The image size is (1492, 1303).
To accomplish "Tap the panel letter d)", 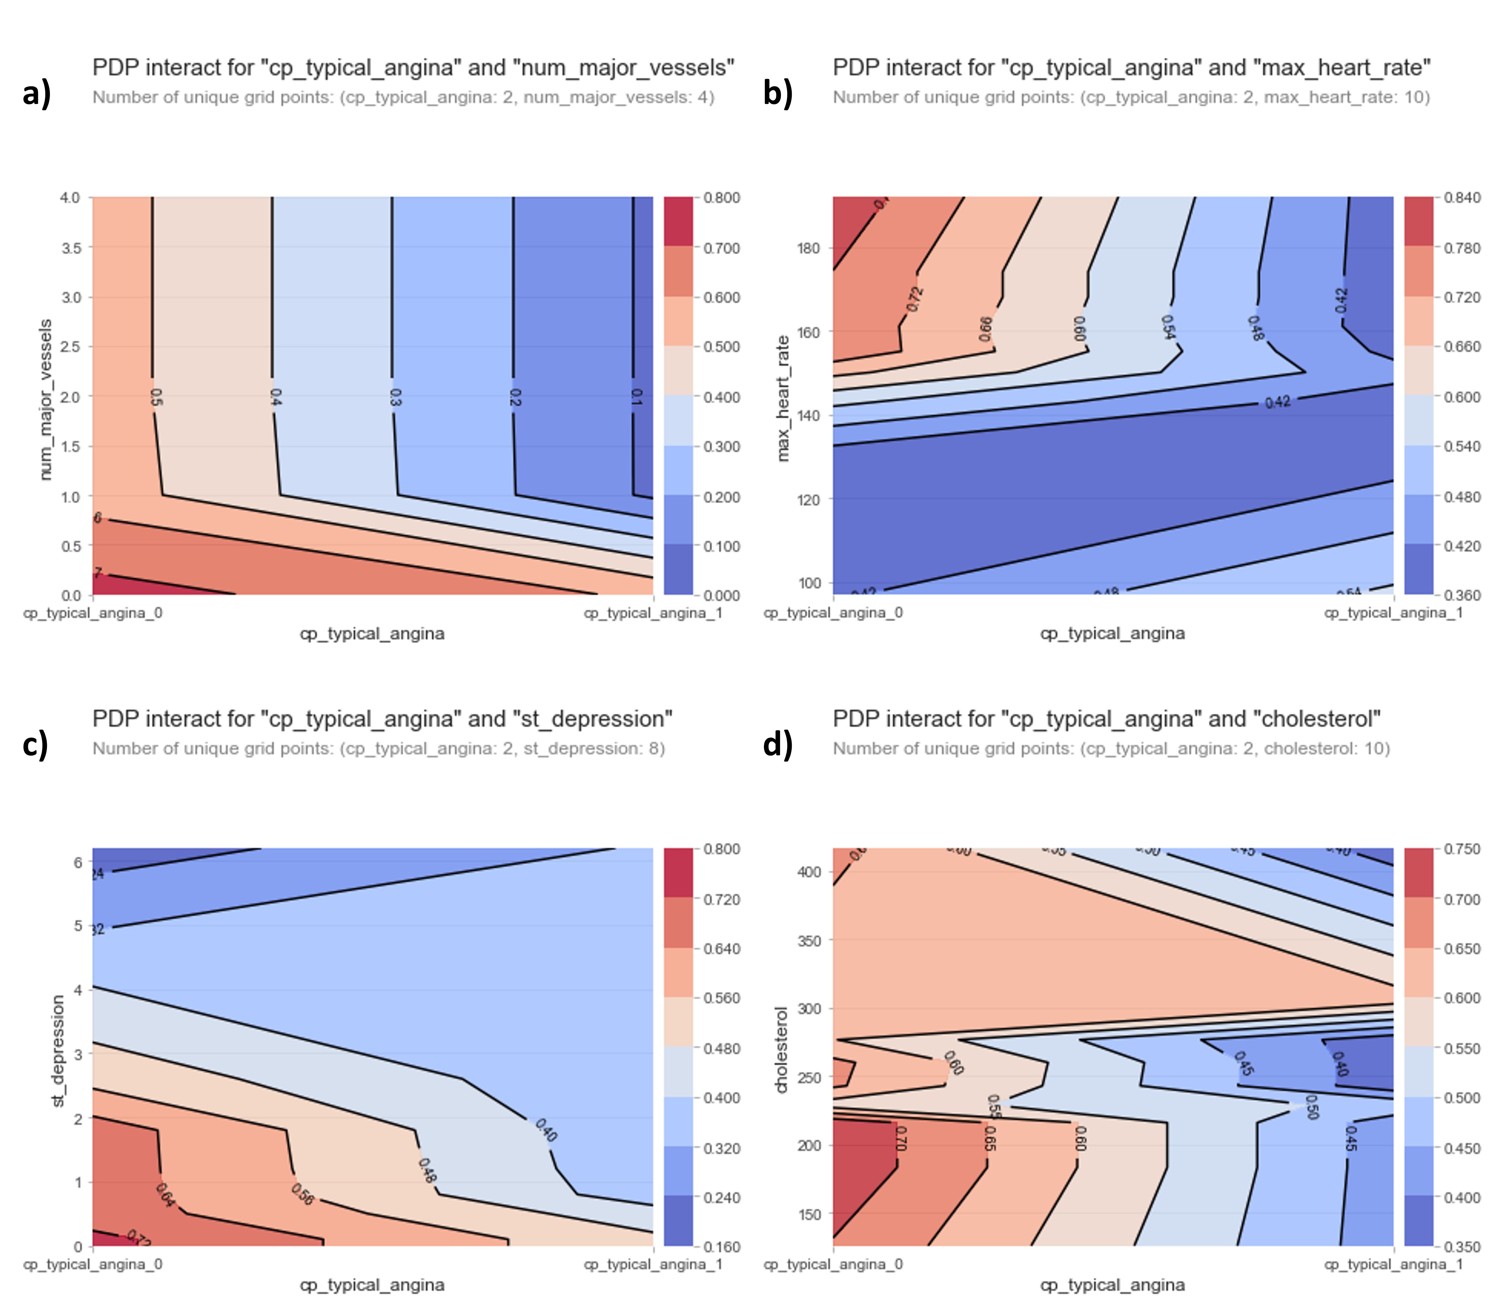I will pos(777,745).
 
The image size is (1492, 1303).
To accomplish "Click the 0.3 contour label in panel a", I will pos(395,397).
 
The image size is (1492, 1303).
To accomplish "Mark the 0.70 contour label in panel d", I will pos(901,1138).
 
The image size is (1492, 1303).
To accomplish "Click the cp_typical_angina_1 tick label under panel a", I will pos(653,613).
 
